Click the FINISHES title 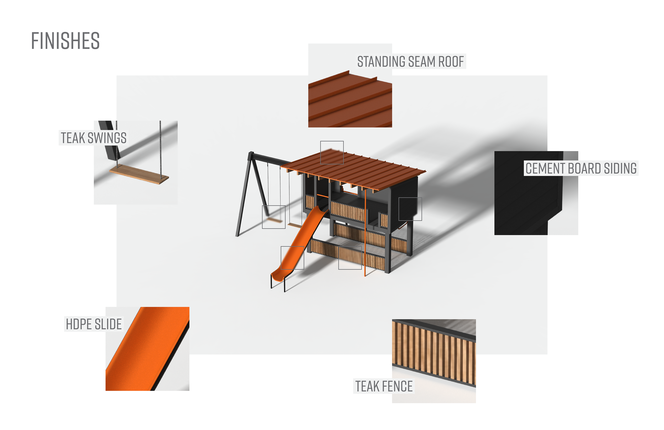tap(65, 41)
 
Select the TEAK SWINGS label tap(94, 138)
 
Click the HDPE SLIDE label tap(94, 324)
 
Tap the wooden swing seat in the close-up tap(139, 174)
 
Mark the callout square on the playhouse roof tap(332, 152)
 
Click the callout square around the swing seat tap(273, 217)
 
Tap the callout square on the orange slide tap(292, 258)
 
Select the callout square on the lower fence tap(350, 258)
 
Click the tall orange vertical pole tap(365, 237)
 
